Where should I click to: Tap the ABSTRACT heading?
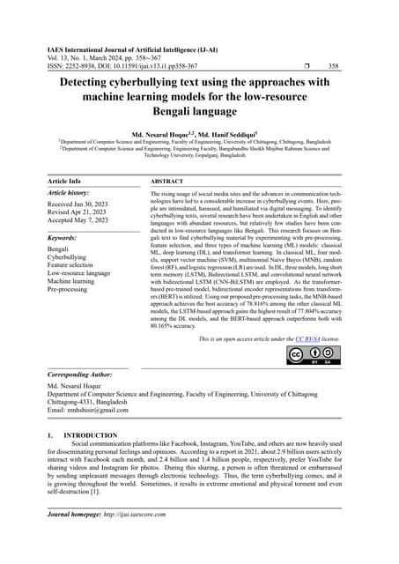tap(167, 181)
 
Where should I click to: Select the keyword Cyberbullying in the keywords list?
tap(69, 256)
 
